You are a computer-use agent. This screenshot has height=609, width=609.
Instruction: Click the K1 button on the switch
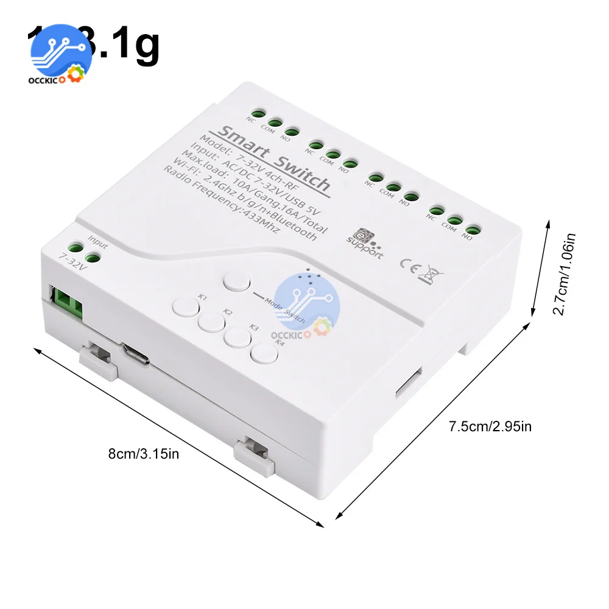click(x=183, y=305)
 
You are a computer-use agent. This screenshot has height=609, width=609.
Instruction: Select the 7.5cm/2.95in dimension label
click(x=490, y=426)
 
